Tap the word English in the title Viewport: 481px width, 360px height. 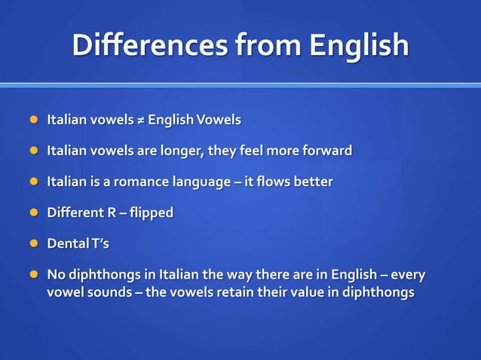[x=358, y=46]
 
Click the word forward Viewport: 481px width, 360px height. [x=326, y=151]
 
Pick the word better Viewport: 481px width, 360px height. [x=315, y=182]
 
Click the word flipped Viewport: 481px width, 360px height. [x=151, y=213]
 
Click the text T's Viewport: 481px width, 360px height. [x=100, y=244]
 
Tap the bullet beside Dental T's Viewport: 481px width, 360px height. [x=34, y=244]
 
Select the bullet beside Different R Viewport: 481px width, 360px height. [x=34, y=213]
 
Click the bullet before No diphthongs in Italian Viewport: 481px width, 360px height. [x=34, y=275]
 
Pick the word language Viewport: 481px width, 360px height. [x=207, y=183]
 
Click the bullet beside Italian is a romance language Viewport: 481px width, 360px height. [x=34, y=182]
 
